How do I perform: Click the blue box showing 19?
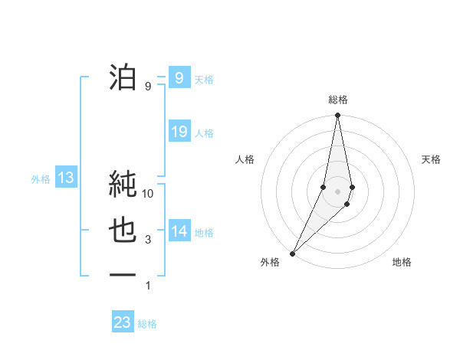point(179,132)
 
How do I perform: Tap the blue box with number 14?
point(179,231)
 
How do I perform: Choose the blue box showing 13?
point(65,178)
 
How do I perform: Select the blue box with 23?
point(122,322)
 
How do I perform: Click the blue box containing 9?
point(179,77)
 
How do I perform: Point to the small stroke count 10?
point(148,194)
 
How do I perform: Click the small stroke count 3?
point(148,240)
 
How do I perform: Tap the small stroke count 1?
point(148,286)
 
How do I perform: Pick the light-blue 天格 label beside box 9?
point(204,79)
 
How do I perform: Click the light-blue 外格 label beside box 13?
point(41,179)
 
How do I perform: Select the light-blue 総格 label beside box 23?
point(147,324)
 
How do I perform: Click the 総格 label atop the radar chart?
point(338,100)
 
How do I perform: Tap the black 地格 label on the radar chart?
point(402,262)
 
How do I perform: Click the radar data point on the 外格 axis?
point(292,254)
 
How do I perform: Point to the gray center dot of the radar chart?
point(338,191)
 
